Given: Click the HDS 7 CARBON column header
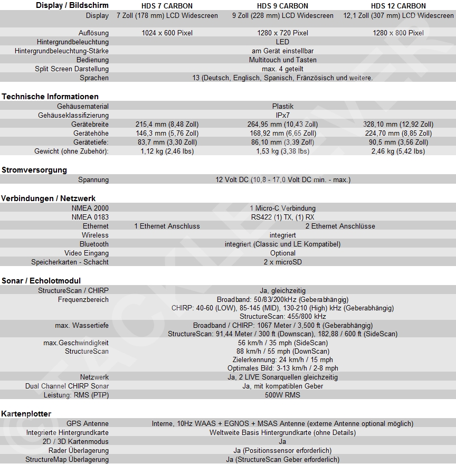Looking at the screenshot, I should pyautogui.click(x=167, y=6).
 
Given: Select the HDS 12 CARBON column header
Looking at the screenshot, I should pyautogui.click(x=398, y=6).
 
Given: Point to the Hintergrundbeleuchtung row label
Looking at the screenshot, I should pyautogui.click(x=73, y=42).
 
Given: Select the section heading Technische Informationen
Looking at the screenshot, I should pyautogui.click(x=50, y=97).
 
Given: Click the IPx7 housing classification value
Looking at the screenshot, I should pyautogui.click(x=282, y=115).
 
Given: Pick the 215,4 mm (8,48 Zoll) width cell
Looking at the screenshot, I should pyautogui.click(x=167, y=124).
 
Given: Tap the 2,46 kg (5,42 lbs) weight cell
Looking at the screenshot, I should pyautogui.click(x=398, y=151).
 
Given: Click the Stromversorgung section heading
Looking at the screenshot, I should pyautogui.click(x=34, y=170).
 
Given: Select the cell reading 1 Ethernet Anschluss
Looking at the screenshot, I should pyautogui.click(x=167, y=226).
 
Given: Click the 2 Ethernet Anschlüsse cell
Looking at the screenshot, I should pyautogui.click(x=340, y=226).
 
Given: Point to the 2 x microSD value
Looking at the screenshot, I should pyautogui.click(x=282, y=262).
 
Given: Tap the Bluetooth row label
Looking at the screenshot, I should pyautogui.click(x=94, y=244).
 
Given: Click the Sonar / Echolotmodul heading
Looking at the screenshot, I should pyautogui.click(x=41, y=281).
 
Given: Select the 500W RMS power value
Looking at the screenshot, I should pyautogui.click(x=282, y=395).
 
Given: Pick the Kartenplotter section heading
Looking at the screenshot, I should pyautogui.click(x=26, y=413).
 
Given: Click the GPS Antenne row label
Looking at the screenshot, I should pyautogui.click(x=88, y=423).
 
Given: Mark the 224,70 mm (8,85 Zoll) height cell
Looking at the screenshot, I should pyautogui.click(x=398, y=133).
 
